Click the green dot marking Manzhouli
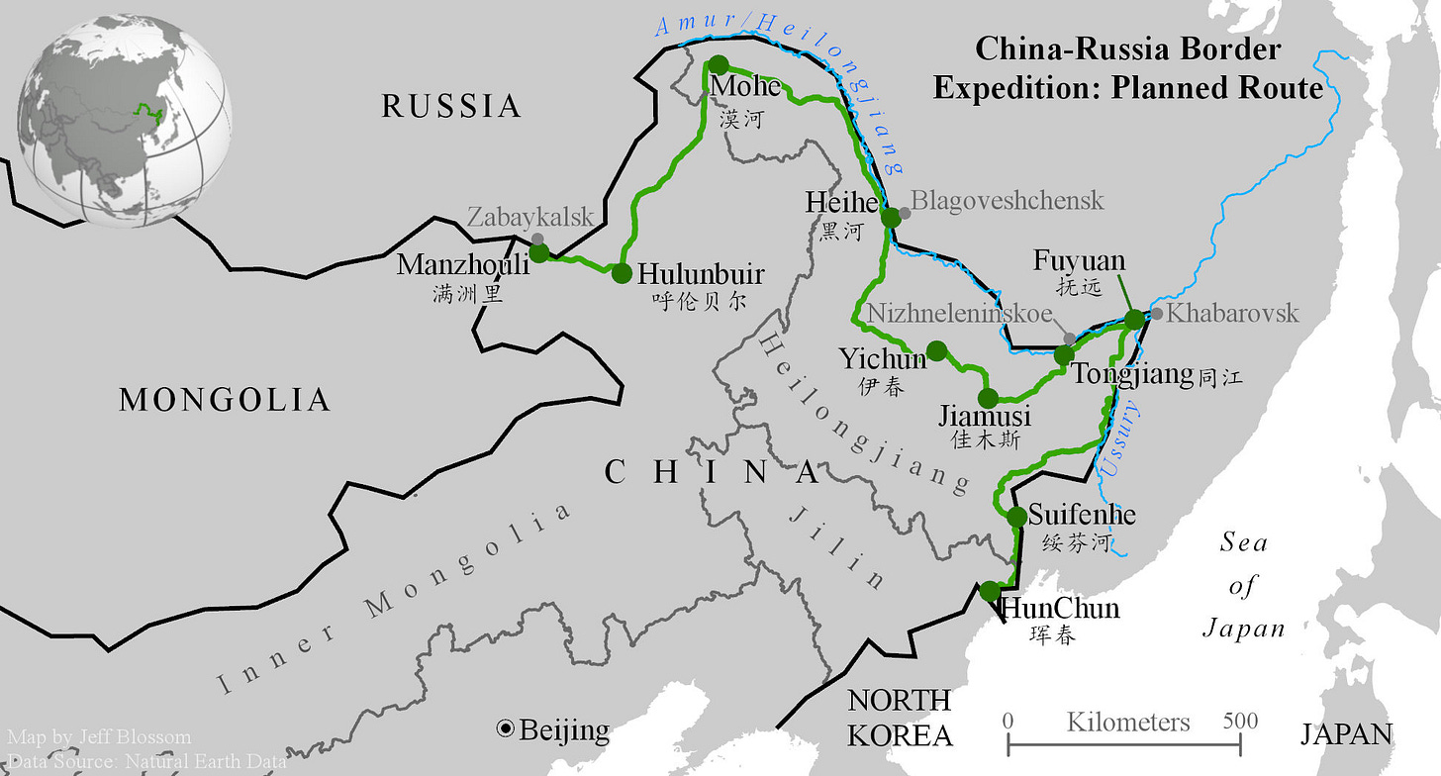coord(539,252)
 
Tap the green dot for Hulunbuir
coord(622,273)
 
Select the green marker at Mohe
coord(719,65)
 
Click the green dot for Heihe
coord(891,217)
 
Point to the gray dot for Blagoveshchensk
coord(905,213)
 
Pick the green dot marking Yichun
coord(936,349)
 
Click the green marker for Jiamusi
coord(988,399)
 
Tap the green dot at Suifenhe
coord(1016,516)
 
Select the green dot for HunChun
coord(990,591)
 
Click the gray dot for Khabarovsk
coord(1157,314)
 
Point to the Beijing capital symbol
coord(506,730)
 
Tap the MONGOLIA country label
coord(225,400)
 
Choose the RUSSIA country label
coord(451,106)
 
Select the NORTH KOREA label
coord(900,718)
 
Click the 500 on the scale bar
coord(1239,721)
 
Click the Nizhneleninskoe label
coord(959,314)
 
